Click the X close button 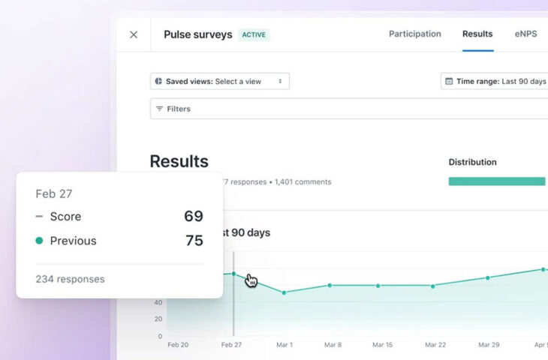point(134,34)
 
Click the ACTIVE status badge point(254,34)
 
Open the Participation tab point(414,34)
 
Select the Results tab point(477,34)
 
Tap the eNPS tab point(525,34)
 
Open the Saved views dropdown point(220,81)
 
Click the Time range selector point(495,81)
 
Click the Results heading point(179,161)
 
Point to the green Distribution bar point(496,181)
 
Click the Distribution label point(472,162)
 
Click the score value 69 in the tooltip point(194,216)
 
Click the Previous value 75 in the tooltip point(194,241)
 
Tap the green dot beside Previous point(39,241)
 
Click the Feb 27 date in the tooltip point(54,193)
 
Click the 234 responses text point(70,279)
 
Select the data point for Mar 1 point(284,292)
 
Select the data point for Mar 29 point(487,277)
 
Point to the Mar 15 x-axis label point(382,345)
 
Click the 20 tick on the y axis point(158,318)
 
